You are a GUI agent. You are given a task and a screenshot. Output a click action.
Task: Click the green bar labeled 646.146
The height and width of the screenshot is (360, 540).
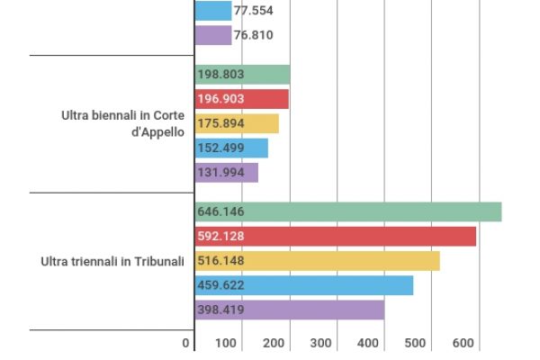tap(348, 211)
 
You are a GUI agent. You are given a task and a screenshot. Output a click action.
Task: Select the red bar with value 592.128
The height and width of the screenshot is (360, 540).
tap(336, 236)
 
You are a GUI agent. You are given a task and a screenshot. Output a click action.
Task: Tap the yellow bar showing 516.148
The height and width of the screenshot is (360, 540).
tap(317, 261)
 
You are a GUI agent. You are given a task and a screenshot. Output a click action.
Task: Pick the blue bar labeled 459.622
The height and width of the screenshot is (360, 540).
tap(304, 285)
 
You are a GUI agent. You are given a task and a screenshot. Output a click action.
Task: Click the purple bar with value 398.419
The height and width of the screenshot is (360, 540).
tap(290, 310)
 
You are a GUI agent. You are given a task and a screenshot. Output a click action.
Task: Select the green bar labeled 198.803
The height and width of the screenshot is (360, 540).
tap(242, 75)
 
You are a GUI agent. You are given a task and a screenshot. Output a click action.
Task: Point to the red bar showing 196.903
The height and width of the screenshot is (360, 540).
tap(241, 99)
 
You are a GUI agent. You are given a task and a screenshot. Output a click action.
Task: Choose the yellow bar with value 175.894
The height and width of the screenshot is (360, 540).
tap(237, 123)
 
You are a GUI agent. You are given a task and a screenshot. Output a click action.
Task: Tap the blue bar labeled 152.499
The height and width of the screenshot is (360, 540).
tap(231, 148)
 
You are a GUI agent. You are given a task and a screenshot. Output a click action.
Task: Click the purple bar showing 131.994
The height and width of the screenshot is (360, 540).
tap(227, 172)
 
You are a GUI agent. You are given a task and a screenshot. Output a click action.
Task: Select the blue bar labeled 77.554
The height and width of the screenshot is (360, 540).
tap(213, 11)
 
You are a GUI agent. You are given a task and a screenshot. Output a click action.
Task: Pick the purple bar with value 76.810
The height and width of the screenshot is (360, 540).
tap(213, 35)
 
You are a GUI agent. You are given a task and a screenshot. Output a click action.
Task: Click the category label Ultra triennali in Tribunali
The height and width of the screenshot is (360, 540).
tap(112, 261)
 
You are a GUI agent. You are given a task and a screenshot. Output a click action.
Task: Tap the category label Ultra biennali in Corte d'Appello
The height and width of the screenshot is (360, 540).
tap(123, 123)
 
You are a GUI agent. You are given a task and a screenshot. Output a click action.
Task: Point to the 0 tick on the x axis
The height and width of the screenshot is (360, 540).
tap(186, 343)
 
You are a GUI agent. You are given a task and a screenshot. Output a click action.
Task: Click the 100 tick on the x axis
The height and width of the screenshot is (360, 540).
tap(226, 343)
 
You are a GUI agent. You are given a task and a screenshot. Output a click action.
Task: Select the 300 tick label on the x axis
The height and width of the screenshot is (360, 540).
tap(320, 343)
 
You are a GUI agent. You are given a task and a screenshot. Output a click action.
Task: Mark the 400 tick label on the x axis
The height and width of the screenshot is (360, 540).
tap(368, 343)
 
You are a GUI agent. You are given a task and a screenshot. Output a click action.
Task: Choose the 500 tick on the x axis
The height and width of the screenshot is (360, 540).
tap(416, 343)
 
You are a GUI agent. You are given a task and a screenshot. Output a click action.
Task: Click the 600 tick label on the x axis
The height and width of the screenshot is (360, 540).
tap(463, 343)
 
